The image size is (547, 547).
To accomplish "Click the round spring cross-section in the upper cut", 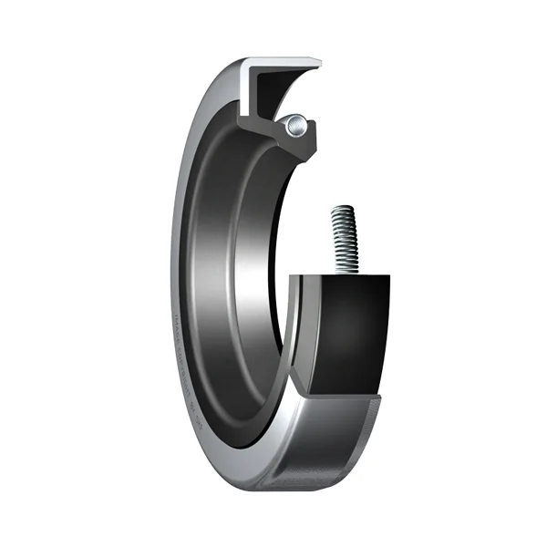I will click(295, 127).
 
